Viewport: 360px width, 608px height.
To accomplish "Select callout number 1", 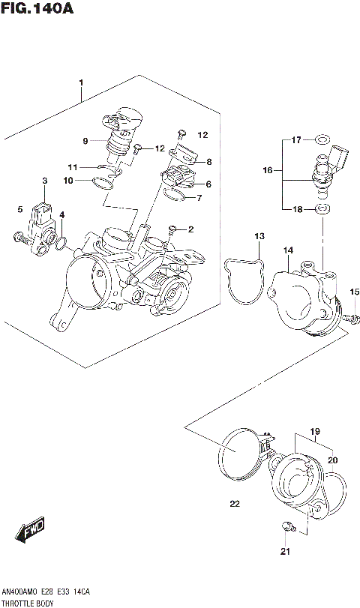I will click(80, 82).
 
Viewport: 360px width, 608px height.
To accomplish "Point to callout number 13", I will click(259, 236).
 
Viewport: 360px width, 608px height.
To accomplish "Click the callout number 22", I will click(234, 504).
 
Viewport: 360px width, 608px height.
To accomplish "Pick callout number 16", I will click(267, 171).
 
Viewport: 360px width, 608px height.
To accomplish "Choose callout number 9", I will click(85, 140).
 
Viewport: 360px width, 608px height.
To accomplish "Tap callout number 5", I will click(20, 210).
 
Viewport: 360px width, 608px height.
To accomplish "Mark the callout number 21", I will click(284, 553).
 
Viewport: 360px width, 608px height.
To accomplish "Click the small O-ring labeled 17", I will click(322, 140).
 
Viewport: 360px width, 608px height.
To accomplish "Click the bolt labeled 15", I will click(351, 319).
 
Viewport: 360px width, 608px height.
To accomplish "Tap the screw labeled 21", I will click(286, 527).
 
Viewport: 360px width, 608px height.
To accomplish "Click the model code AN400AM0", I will click(22, 592).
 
